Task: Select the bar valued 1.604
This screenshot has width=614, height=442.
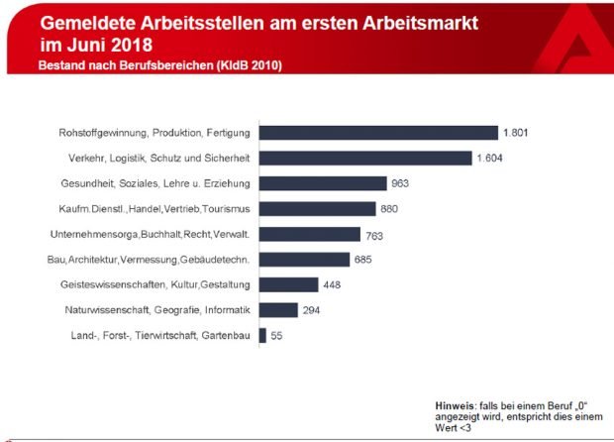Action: tap(365, 158)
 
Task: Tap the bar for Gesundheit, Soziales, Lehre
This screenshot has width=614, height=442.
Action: tap(322, 183)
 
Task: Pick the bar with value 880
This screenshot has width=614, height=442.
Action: tap(317, 208)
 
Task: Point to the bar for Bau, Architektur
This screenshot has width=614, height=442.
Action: tap(304, 260)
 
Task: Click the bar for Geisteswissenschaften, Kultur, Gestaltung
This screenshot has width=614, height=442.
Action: tap(288, 284)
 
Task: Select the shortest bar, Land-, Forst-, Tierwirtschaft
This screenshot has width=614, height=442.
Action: tap(262, 336)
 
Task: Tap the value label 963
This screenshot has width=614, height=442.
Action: tap(399, 183)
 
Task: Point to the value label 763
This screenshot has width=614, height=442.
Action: tap(374, 234)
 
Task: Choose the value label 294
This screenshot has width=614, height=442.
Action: tap(312, 310)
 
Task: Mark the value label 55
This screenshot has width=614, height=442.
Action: tap(277, 336)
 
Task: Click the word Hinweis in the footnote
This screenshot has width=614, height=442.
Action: tap(455, 406)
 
